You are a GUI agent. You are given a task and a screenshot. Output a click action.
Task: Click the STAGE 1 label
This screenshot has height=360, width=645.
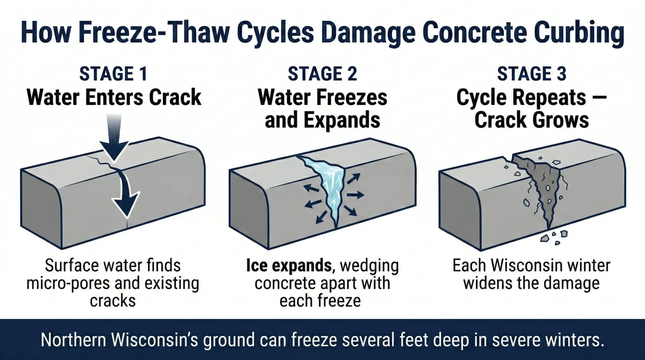click(x=113, y=74)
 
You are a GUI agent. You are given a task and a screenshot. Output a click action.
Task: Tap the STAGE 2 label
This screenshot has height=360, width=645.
click(x=322, y=74)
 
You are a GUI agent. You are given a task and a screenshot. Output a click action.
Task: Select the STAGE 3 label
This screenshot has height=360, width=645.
click(x=531, y=74)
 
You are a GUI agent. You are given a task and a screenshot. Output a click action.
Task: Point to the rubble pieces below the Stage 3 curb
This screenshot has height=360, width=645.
click(x=554, y=237)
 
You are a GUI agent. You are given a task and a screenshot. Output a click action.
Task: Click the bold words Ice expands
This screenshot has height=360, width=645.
click(x=289, y=266)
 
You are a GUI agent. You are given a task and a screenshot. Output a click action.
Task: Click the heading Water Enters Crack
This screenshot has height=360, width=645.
click(x=114, y=97)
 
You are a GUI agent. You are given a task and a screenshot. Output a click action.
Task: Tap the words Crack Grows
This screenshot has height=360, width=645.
click(x=531, y=120)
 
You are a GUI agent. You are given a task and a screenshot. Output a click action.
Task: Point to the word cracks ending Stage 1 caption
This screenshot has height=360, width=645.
click(x=113, y=301)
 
